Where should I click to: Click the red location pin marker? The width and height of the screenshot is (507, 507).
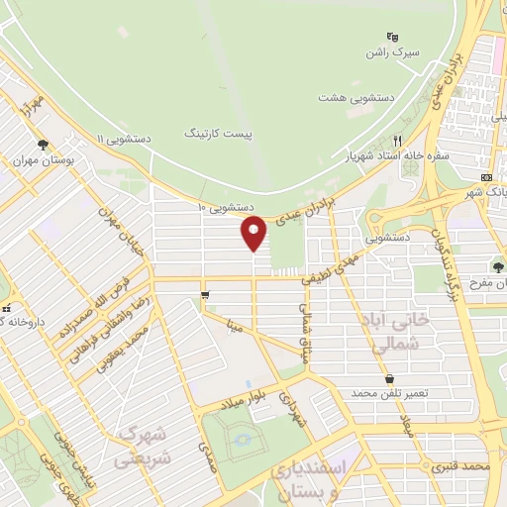(x=254, y=232)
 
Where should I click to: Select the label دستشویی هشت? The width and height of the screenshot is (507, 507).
(x=351, y=98)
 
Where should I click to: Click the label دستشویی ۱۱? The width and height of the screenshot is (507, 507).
(x=123, y=138)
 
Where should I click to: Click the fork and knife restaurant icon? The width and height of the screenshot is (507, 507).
(x=398, y=141)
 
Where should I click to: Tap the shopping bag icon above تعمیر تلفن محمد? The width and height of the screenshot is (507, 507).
(x=389, y=377)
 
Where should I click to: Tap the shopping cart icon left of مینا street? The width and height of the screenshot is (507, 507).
(x=205, y=294)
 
